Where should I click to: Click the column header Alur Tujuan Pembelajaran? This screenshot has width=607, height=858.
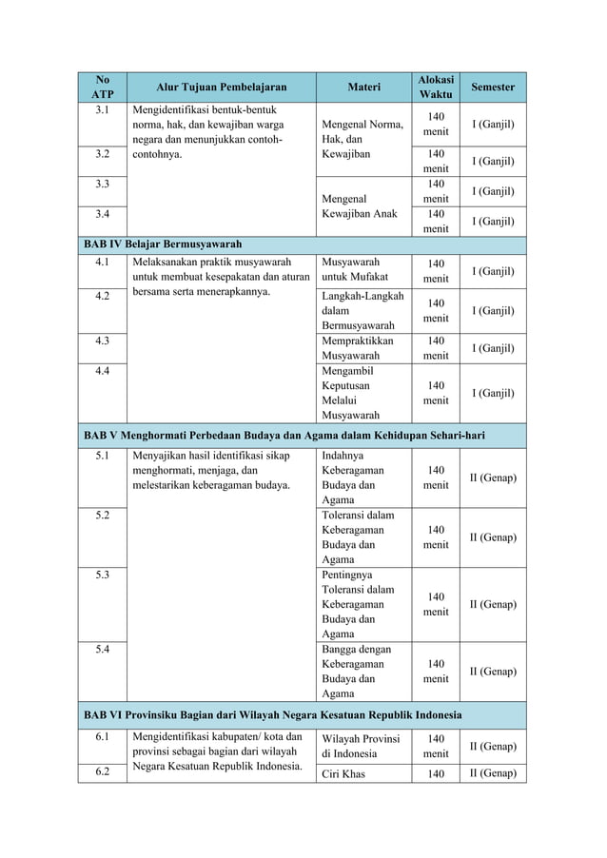[220, 87]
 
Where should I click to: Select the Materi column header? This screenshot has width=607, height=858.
[363, 87]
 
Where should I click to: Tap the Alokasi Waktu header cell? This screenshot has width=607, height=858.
[436, 87]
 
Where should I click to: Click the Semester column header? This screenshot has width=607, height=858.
[493, 87]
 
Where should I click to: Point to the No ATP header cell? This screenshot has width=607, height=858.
[102, 87]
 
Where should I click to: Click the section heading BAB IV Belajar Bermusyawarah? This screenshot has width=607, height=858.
[163, 244]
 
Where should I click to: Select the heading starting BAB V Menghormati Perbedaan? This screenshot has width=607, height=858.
[284, 436]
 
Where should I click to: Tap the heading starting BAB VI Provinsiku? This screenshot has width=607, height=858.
[273, 714]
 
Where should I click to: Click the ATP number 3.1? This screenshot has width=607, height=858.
[102, 109]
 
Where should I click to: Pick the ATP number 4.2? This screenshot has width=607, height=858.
[102, 295]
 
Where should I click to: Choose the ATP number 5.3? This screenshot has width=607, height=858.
[102, 575]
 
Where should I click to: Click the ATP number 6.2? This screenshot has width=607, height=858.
[102, 772]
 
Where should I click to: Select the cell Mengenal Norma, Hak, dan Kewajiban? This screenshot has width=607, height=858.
[360, 139]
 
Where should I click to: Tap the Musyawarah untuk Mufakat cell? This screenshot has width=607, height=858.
[351, 269]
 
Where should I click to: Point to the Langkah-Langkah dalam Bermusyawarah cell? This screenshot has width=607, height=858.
[358, 310]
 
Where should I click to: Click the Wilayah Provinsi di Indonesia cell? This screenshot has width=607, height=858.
[361, 746]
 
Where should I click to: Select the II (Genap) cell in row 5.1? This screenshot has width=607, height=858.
[493, 478]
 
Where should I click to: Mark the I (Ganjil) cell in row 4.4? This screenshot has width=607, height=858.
[493, 393]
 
